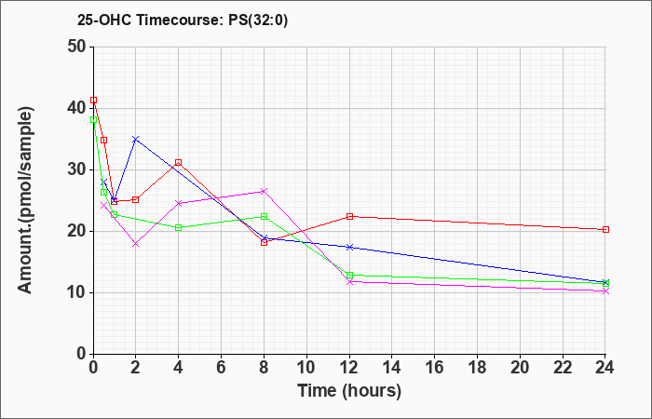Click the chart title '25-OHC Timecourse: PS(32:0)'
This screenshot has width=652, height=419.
tap(183, 20)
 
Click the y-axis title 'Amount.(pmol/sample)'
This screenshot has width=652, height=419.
tap(25, 200)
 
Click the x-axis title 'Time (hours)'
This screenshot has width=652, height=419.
tap(349, 391)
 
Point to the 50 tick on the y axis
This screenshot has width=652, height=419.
tap(79, 47)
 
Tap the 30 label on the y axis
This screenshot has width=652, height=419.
tap(79, 169)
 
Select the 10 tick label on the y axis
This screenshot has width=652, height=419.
tap(79, 292)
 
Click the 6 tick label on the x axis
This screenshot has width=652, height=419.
tap(222, 367)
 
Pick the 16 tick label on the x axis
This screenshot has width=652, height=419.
tap(434, 367)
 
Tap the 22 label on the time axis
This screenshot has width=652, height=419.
tap(563, 367)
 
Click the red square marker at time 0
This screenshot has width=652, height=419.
tap(93, 101)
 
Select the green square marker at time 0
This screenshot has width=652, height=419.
tap(93, 120)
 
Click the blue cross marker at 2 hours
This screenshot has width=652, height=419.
tap(136, 140)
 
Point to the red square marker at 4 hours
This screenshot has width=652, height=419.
tap(179, 163)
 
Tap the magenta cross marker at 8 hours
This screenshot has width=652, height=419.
tap(264, 191)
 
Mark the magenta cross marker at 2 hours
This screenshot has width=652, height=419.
tap(136, 244)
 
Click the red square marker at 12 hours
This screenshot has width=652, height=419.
tap(349, 216)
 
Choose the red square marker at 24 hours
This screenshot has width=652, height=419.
tap(605, 229)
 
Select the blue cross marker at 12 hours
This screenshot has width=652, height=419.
tap(349, 247)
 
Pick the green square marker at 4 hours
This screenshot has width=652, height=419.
tap(179, 228)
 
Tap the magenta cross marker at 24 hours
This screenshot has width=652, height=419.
tap(605, 291)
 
